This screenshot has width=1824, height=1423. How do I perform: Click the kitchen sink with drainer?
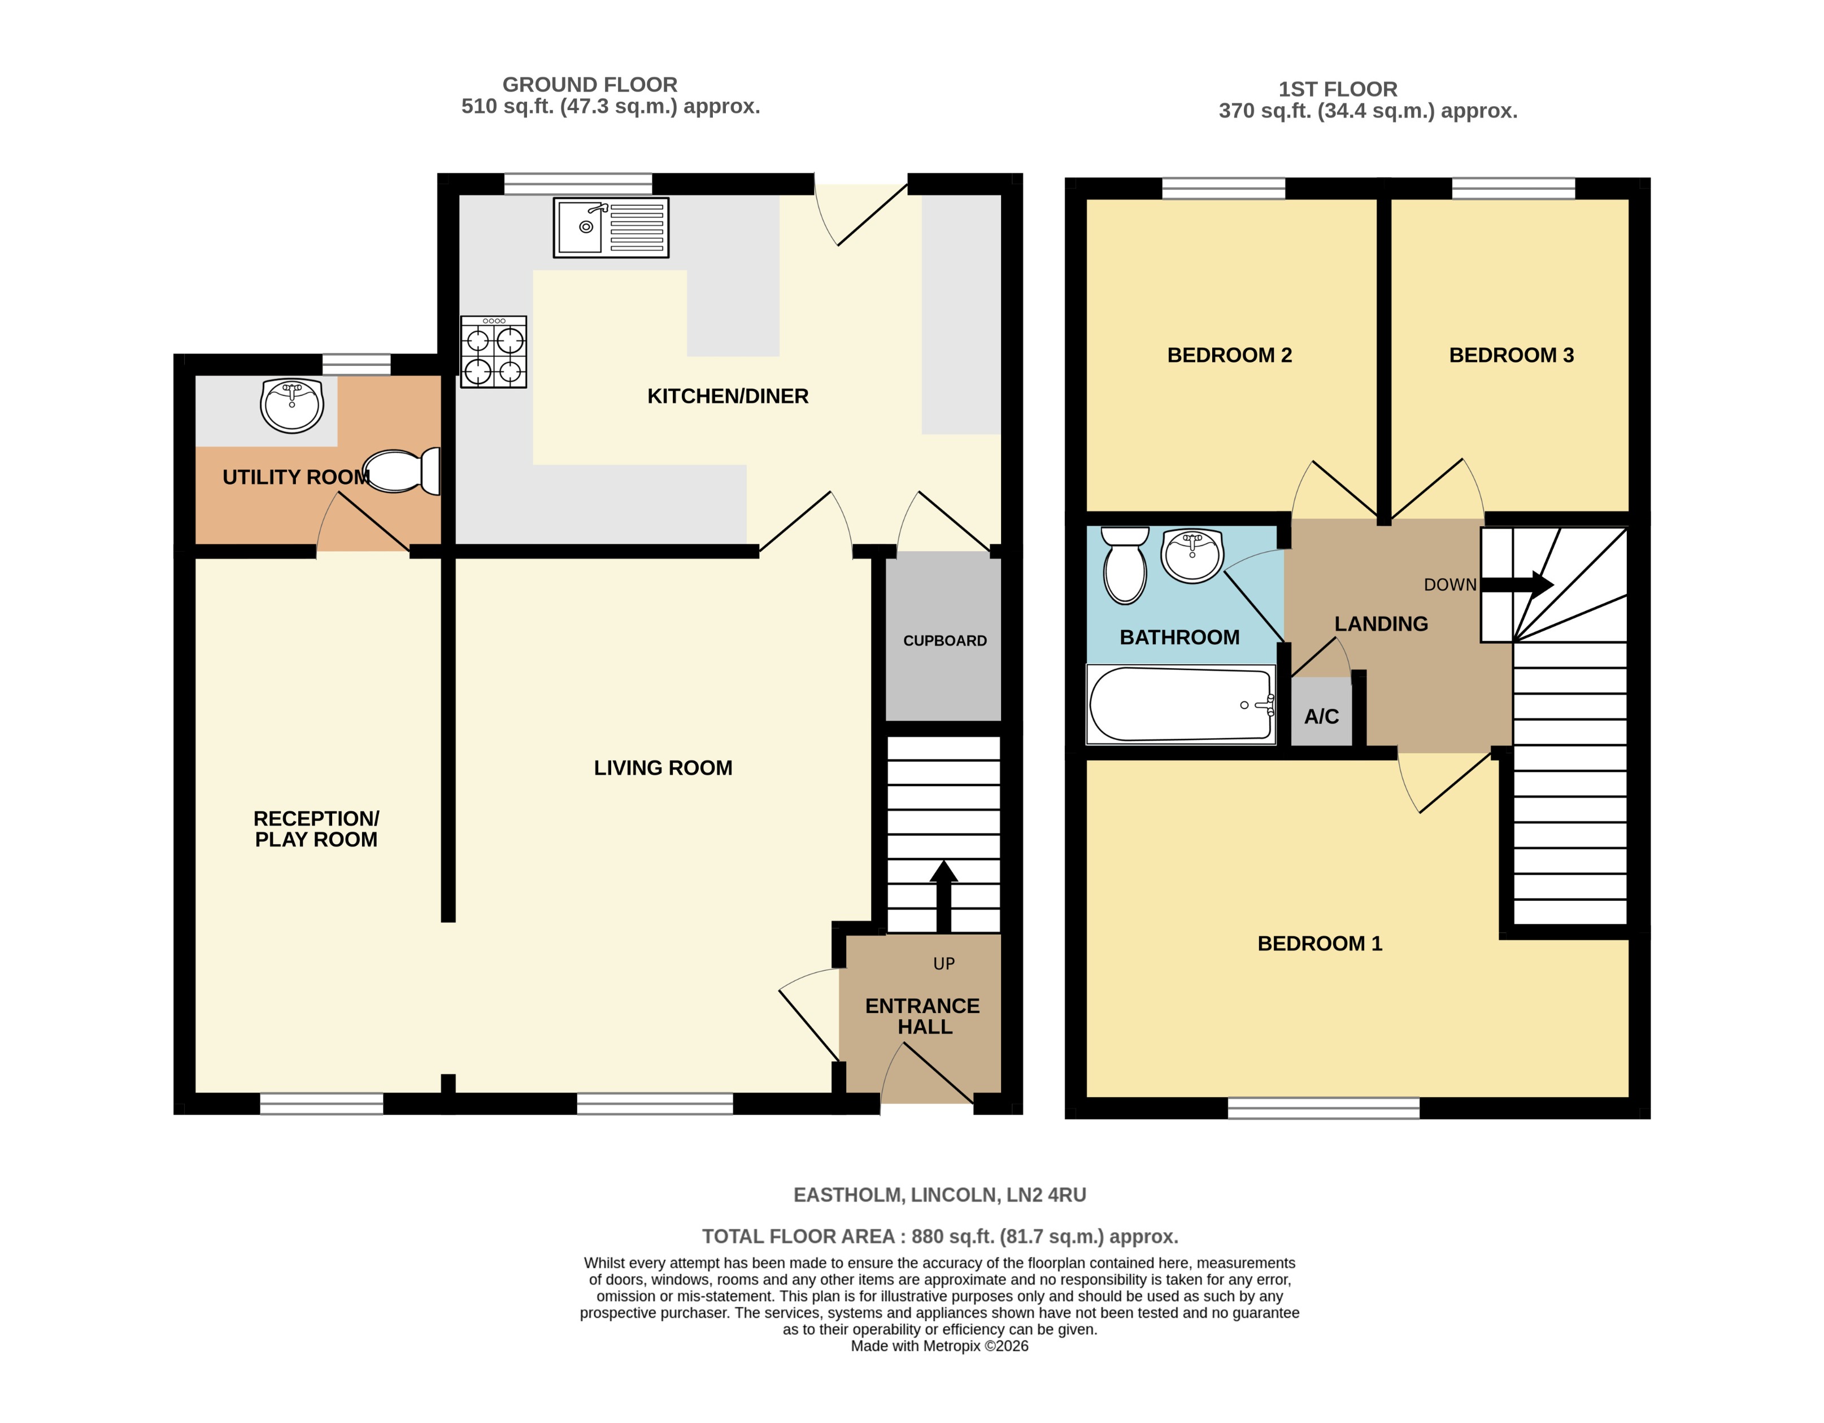(611, 227)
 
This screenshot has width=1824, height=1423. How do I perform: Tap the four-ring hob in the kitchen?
(494, 352)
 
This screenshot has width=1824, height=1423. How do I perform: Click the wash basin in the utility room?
(291, 405)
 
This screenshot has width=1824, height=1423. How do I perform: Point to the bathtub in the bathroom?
(1180, 704)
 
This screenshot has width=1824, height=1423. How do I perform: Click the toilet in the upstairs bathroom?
(1125, 565)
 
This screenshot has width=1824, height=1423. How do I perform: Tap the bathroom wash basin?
(1192, 555)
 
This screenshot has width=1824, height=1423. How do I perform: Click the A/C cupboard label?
(1321, 717)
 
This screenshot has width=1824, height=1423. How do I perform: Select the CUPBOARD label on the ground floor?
(944, 640)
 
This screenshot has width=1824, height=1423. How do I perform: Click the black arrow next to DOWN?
(1517, 584)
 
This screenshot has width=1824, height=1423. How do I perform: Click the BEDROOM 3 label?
(1511, 355)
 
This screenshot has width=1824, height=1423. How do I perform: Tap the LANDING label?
(1381, 624)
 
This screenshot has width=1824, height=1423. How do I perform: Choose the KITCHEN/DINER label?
(728, 396)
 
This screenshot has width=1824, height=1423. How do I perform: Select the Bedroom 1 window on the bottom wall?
(1323, 1107)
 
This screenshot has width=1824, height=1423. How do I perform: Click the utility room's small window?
(356, 364)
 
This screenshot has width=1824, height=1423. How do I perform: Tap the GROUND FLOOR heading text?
(590, 84)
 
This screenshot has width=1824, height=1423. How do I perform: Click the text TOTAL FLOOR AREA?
(798, 1236)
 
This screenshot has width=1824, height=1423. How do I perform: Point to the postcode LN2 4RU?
(1046, 1195)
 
